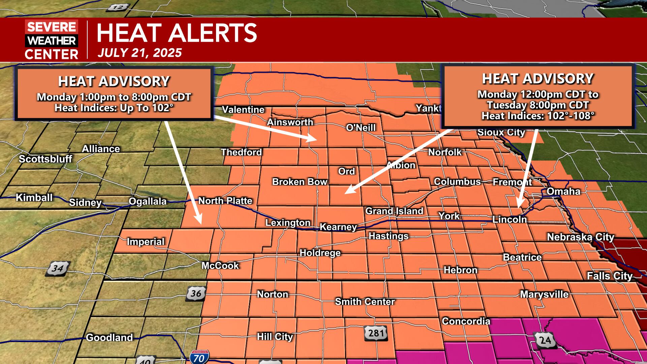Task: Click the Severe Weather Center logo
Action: (x=52, y=40)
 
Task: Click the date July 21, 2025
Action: (x=140, y=53)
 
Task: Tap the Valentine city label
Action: (x=243, y=110)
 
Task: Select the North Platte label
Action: (x=225, y=201)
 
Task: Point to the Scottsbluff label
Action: (x=45, y=159)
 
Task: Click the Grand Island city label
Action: (x=394, y=211)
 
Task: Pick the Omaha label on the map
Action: (x=563, y=191)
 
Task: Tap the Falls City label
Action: (x=610, y=276)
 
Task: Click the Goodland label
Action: (x=109, y=337)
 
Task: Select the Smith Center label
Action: (x=365, y=302)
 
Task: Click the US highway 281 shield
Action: (x=376, y=333)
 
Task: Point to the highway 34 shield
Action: (x=58, y=269)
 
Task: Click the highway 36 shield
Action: (x=196, y=293)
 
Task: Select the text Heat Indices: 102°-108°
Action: (x=537, y=116)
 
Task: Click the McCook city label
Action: (x=220, y=266)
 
